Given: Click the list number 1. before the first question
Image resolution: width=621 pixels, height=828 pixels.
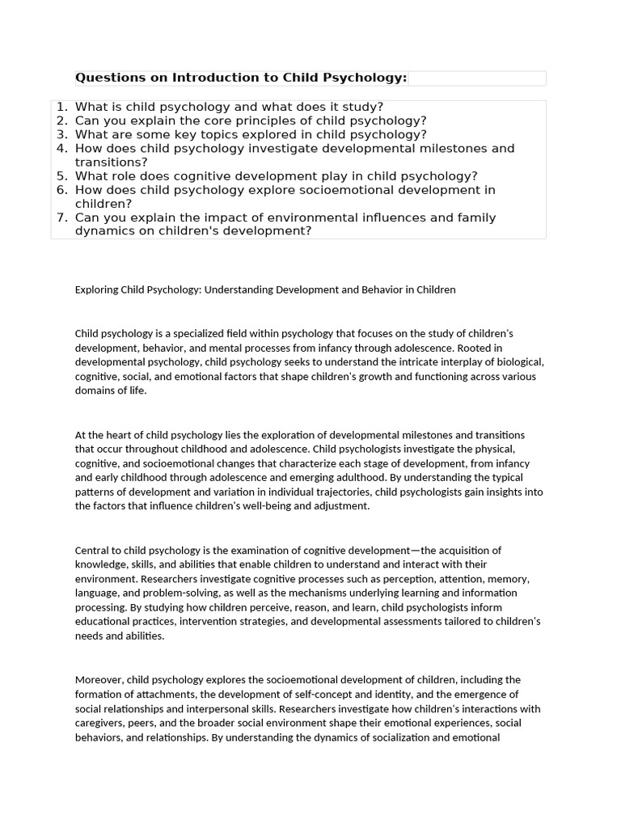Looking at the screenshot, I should pos(61,107).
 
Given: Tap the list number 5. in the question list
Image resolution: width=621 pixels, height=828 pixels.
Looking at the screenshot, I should pos(61,175).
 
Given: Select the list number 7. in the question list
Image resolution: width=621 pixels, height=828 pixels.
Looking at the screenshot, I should pos(61,218).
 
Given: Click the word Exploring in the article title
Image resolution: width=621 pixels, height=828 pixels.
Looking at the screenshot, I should pos(97,289).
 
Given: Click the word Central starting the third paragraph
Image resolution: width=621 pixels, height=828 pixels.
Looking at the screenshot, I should pos(93,551).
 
